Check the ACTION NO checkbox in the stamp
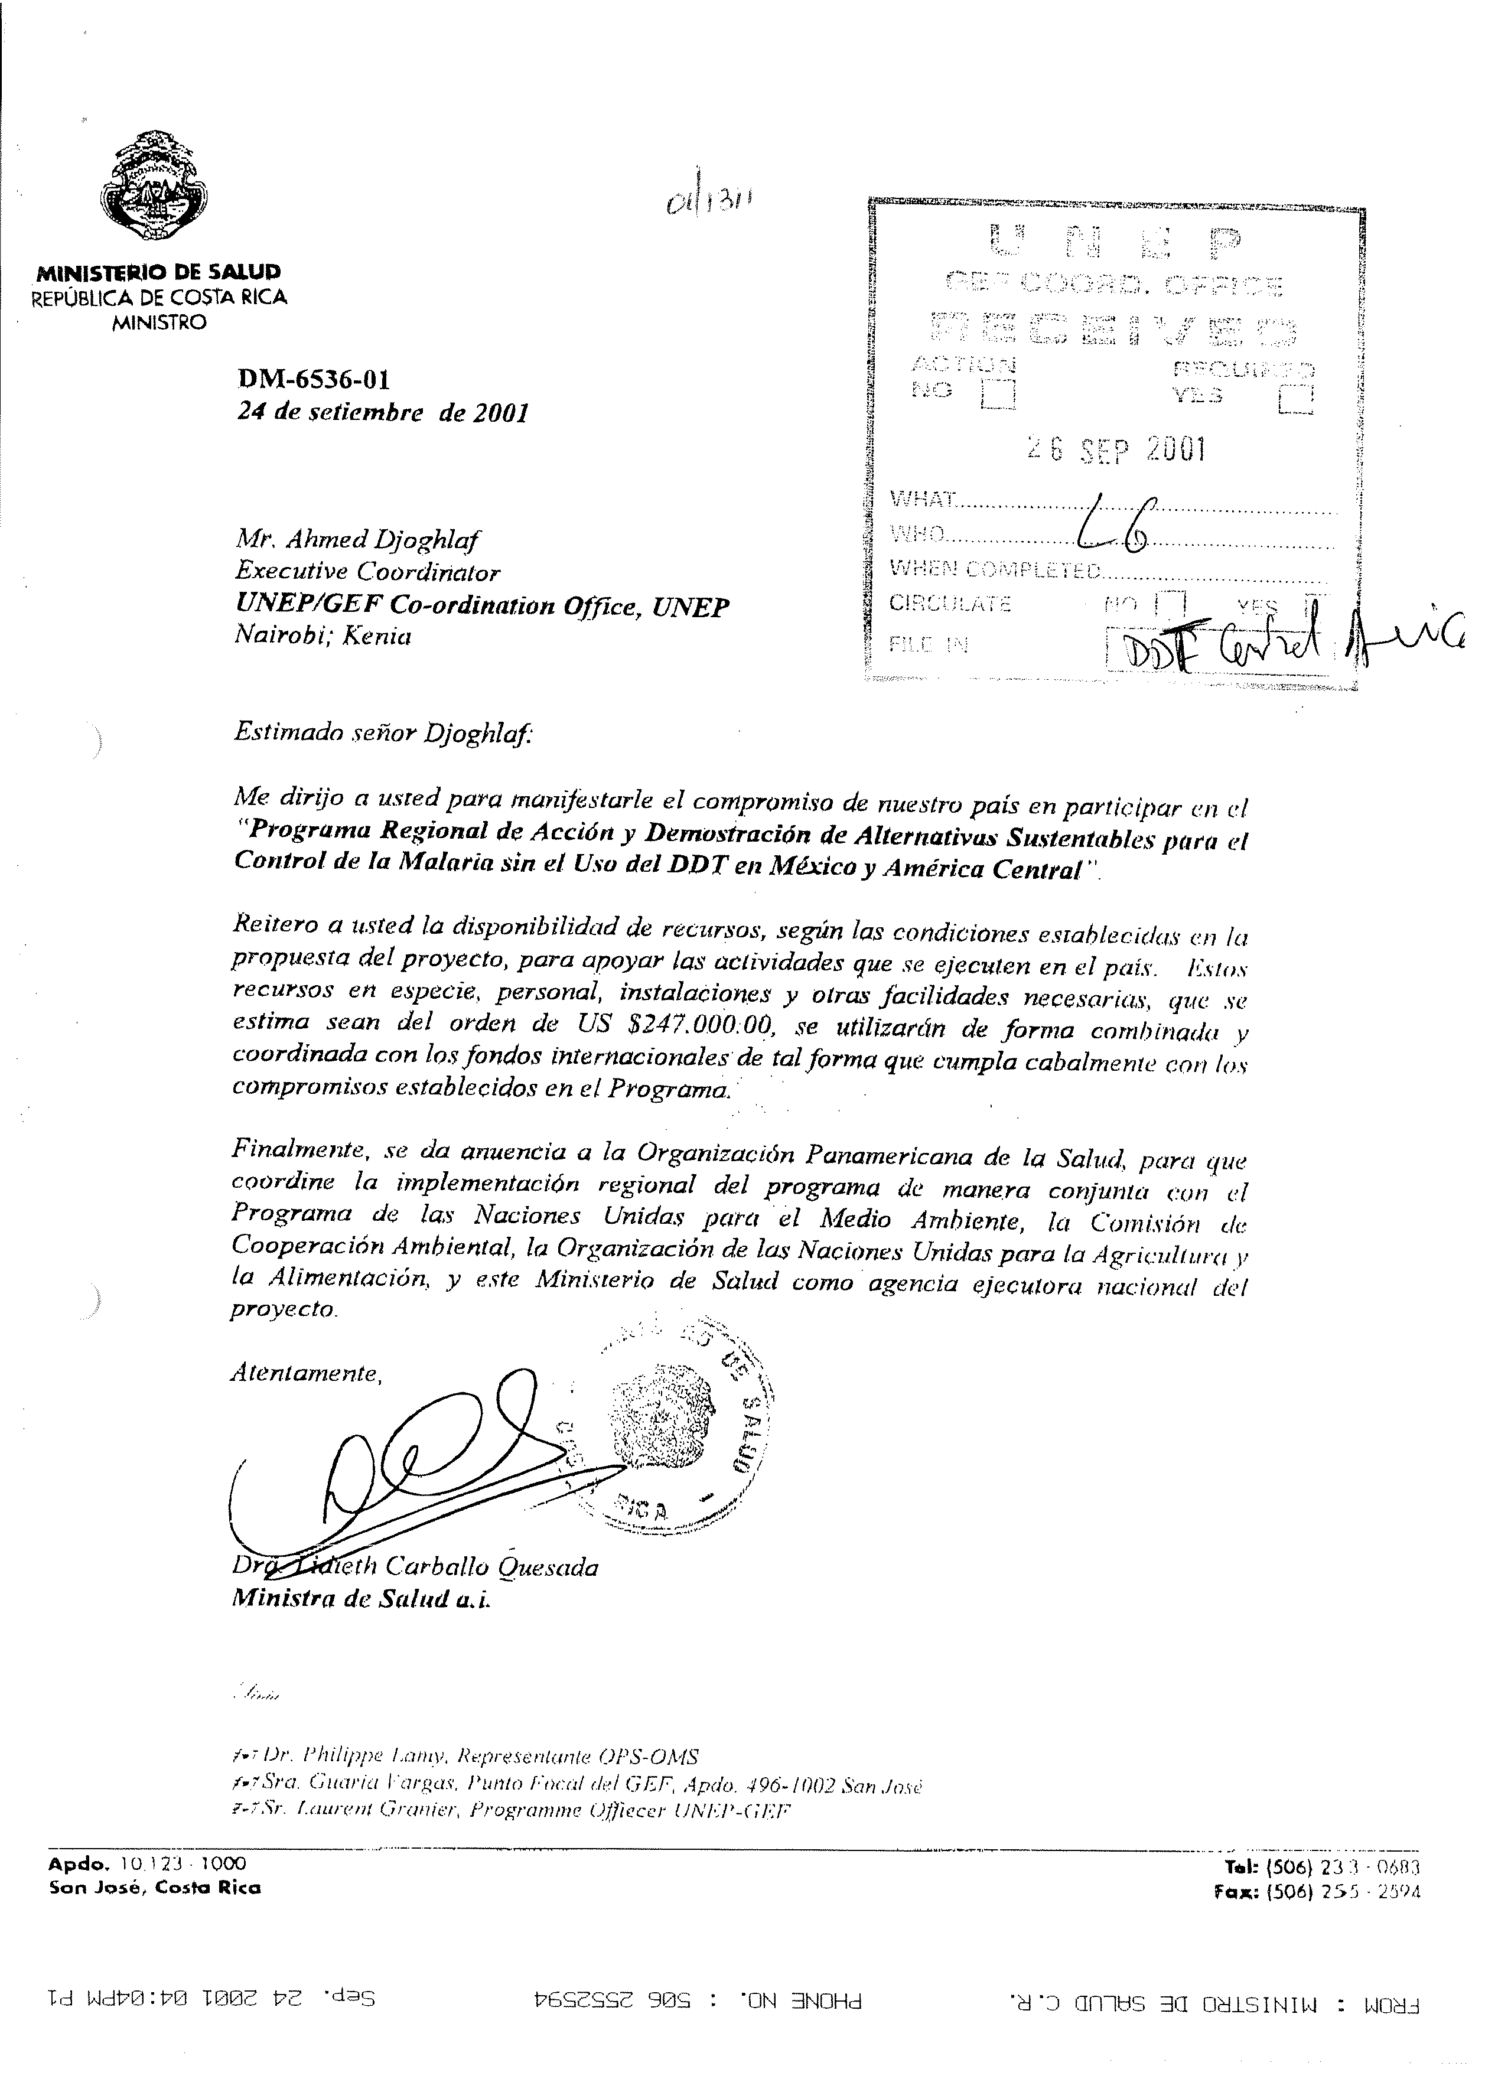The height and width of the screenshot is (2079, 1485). coord(998,394)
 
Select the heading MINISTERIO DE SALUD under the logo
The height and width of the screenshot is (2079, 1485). coord(159,272)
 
